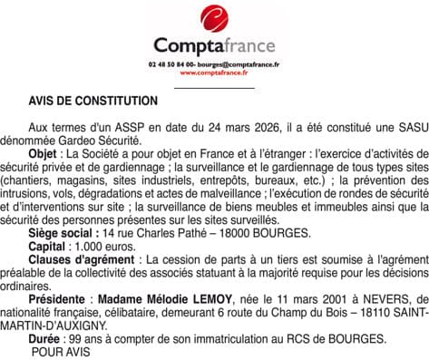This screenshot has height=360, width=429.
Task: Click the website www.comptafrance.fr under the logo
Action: pyautogui.click(x=214, y=73)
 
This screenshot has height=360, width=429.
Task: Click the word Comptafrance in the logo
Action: pyautogui.click(x=214, y=45)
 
